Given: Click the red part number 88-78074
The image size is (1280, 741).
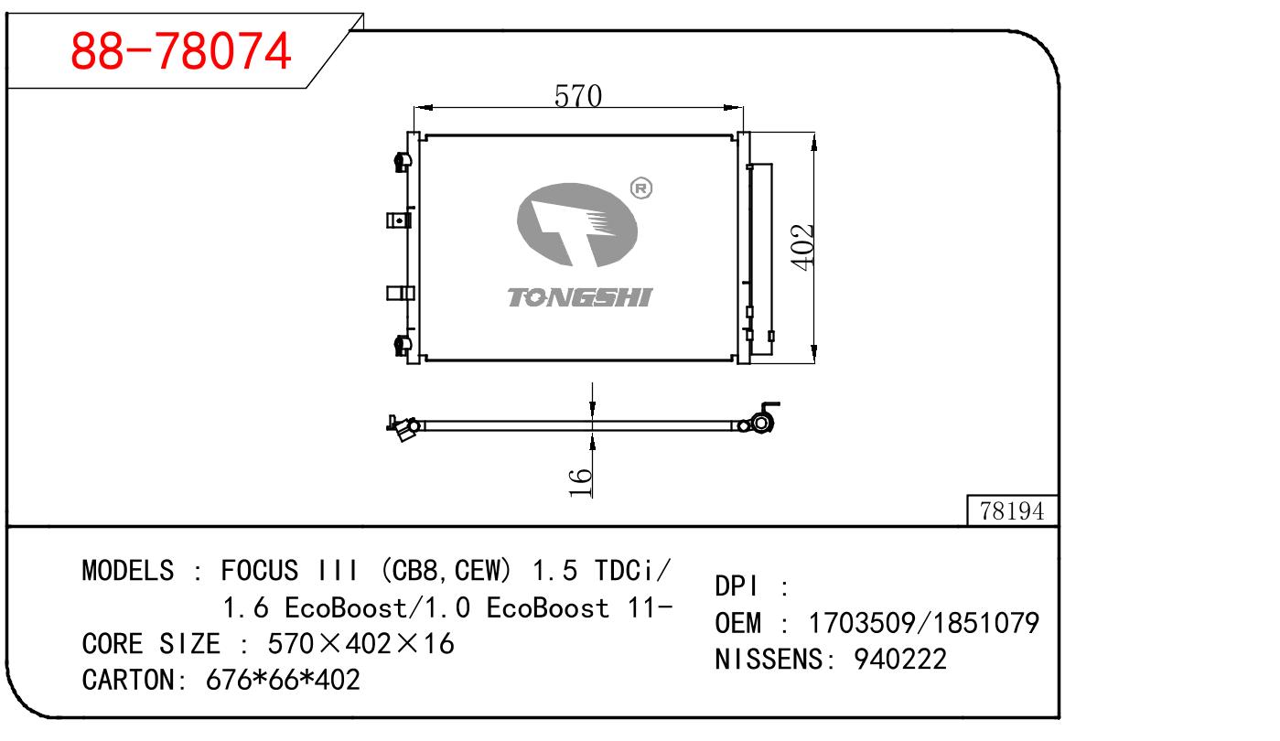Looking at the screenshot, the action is click(180, 51).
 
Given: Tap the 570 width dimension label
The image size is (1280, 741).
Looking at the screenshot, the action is click(577, 95).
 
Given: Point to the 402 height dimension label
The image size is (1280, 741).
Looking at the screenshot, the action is click(801, 247).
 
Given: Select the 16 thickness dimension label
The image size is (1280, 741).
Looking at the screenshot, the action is click(580, 483).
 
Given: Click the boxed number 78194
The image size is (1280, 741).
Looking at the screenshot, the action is click(1012, 510).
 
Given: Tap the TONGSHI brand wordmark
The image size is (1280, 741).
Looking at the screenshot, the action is click(579, 297).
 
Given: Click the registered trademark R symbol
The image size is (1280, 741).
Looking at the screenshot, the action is click(641, 188).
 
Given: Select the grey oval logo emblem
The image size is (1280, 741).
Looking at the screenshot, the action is click(576, 224).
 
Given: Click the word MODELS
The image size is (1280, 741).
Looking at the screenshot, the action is click(128, 570).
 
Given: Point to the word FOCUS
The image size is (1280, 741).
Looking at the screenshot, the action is click(260, 570).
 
